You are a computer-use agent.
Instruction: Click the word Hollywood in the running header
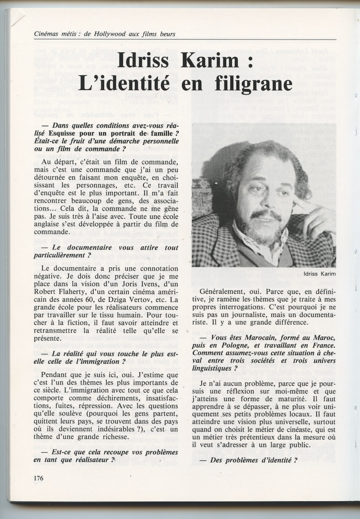(x=110, y=35)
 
